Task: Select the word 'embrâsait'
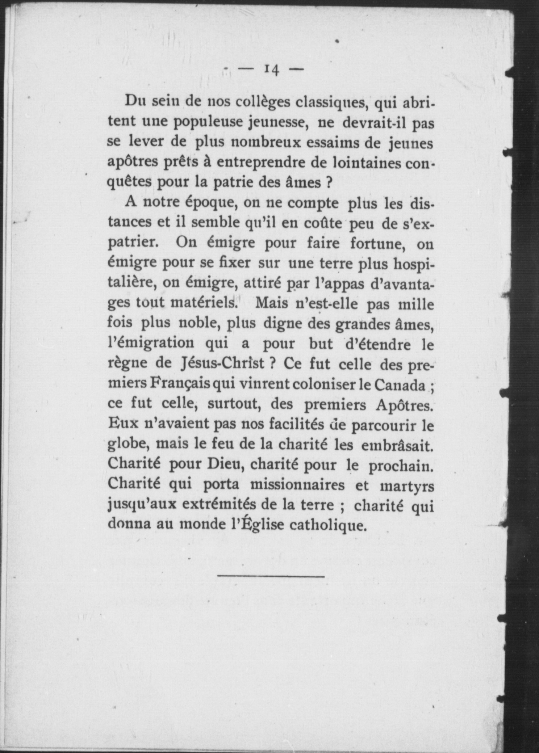pos(397,445)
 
